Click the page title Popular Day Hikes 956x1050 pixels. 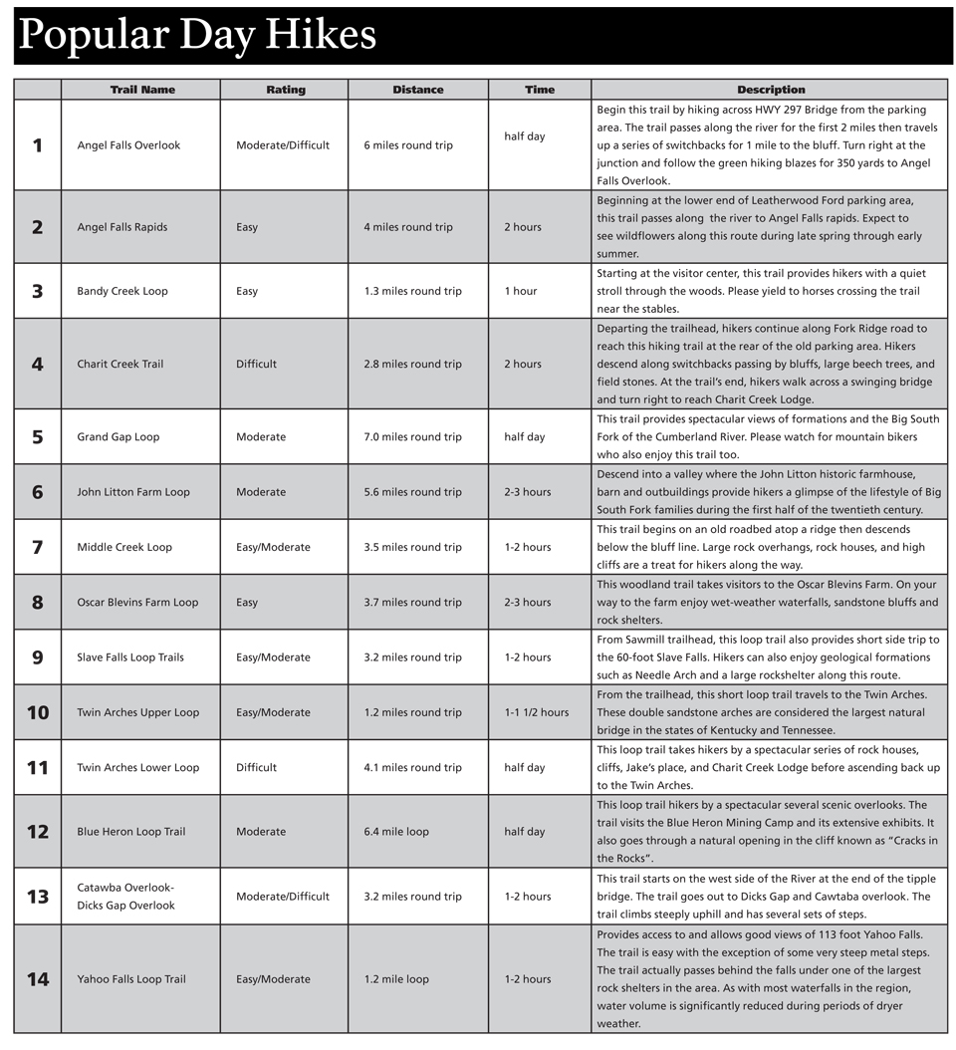(197, 36)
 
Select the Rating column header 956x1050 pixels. (285, 90)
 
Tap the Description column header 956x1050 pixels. (771, 90)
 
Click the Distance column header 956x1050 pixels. (417, 90)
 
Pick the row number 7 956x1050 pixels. (38, 547)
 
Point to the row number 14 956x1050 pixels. (38, 979)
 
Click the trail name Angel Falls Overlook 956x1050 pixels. (128, 145)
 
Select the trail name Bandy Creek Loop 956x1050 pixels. (122, 291)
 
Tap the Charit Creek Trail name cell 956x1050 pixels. (119, 364)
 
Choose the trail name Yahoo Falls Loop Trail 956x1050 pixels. (130, 979)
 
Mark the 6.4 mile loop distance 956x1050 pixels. (396, 832)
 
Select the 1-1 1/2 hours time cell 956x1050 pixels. (536, 712)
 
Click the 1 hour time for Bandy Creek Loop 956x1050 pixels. (520, 291)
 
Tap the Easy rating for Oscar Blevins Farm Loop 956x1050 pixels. (247, 602)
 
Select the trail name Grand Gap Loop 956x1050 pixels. (118, 437)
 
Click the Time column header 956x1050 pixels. (539, 90)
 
